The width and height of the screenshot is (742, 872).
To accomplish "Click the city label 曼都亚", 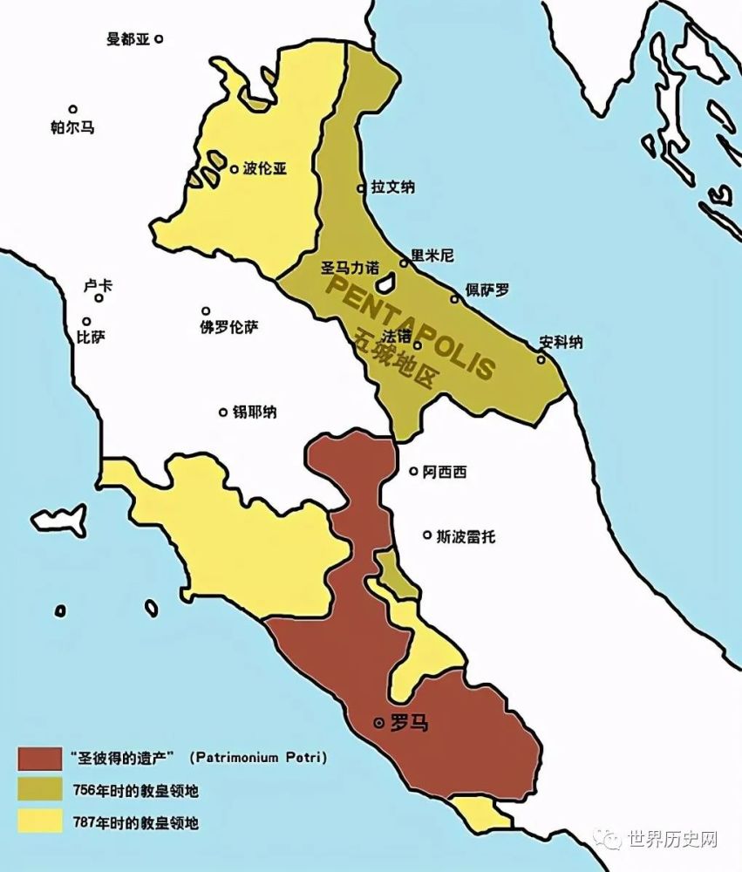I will click(127, 40).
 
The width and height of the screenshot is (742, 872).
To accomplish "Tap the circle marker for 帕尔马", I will click(73, 110).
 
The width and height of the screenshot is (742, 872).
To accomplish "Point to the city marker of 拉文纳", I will click(361, 188).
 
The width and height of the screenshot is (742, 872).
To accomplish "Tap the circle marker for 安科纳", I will click(541, 358).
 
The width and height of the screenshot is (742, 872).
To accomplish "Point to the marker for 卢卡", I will click(99, 298).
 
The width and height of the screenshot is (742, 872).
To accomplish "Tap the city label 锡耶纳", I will click(255, 412).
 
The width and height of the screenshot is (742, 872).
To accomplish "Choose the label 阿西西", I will click(444, 472).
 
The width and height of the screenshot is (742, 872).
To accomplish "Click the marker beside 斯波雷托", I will click(427, 535).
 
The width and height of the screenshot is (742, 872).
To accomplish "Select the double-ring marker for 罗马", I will click(378, 723).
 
